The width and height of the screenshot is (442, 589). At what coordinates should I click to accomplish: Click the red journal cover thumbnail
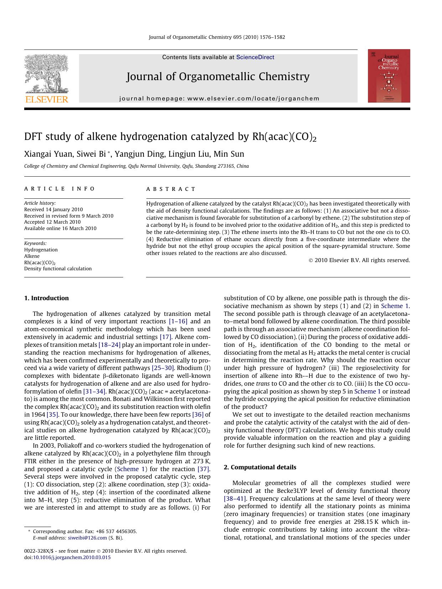[x=389, y=76]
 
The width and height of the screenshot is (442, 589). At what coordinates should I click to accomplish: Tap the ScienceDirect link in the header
[x=255, y=57]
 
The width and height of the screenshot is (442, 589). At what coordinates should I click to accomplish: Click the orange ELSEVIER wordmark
[x=46, y=99]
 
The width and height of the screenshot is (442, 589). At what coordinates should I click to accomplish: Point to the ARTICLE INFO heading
[x=59, y=189]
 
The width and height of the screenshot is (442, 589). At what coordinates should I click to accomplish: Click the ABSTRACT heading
[x=171, y=189]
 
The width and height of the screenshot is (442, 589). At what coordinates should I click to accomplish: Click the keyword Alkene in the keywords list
[x=32, y=256]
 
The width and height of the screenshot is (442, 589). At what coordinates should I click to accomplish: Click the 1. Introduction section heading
[x=46, y=298]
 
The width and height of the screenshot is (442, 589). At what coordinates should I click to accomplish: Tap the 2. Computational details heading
[x=260, y=467]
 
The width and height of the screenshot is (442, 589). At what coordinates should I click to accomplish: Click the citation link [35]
[x=52, y=415]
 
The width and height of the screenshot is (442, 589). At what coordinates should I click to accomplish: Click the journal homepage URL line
[x=219, y=99]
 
